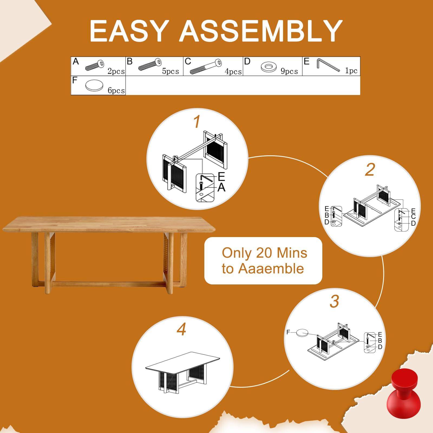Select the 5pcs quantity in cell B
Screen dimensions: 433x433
pos(170,71)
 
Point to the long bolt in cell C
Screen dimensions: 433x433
pos(206,67)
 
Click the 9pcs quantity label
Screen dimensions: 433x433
pos(289,71)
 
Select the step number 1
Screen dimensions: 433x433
pos(197,122)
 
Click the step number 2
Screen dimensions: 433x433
pos(370,170)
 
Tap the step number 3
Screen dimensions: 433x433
pos(334,301)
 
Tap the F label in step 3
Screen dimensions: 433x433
pos(288,332)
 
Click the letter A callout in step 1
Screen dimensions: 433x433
pos(221,187)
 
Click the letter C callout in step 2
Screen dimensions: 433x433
pos(413,217)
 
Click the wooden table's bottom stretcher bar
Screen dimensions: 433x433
pos(108,284)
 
